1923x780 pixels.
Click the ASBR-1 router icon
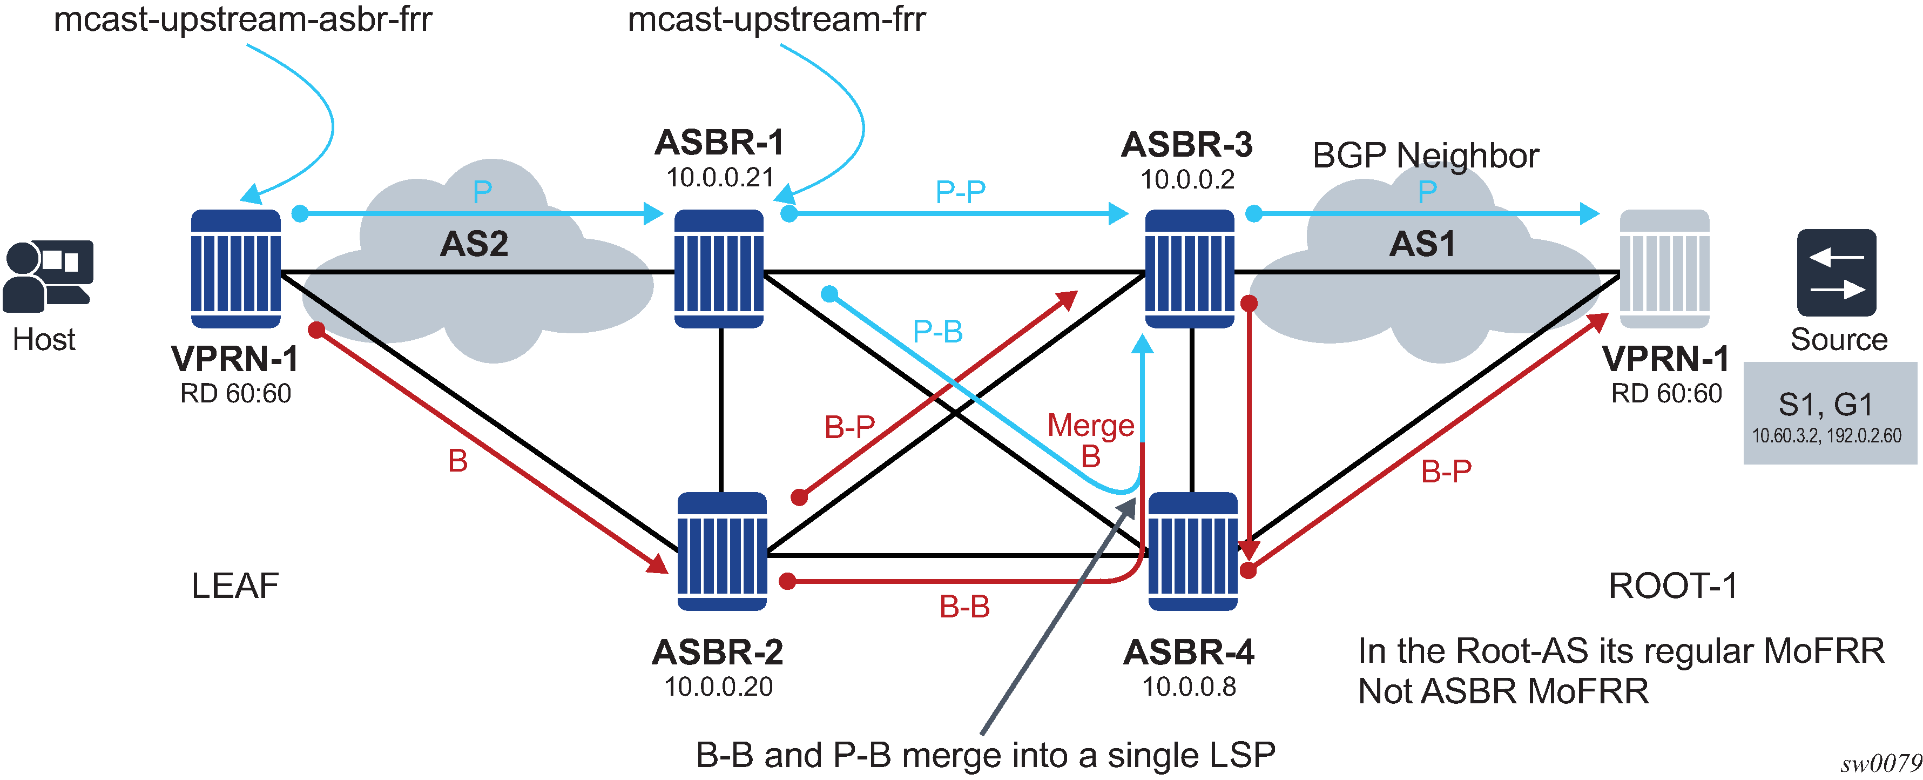point(719,268)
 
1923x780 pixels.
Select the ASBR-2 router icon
point(722,552)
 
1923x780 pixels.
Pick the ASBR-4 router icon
point(1192,552)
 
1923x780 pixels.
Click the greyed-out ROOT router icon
point(1664,268)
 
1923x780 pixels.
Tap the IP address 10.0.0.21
point(720,178)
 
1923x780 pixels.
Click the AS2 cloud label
point(474,244)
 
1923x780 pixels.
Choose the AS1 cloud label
point(1422,244)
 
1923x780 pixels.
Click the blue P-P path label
point(960,192)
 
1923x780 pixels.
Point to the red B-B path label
point(964,607)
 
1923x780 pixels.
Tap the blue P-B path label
point(937,331)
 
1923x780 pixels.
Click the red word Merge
point(1091,426)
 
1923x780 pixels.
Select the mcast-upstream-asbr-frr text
point(242,19)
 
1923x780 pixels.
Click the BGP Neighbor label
point(1425,155)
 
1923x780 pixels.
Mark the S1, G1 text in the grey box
point(1826,405)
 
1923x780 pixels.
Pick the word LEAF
point(235,586)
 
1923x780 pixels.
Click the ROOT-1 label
point(1673,586)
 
